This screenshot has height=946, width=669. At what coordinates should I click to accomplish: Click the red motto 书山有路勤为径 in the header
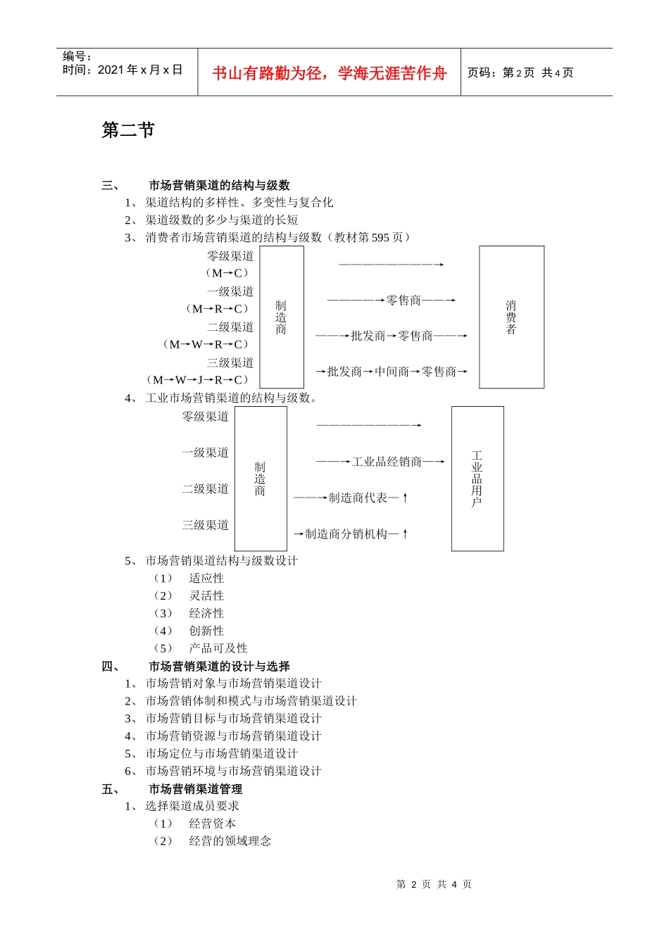click(330, 73)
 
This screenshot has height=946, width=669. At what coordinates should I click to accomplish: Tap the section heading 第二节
click(128, 130)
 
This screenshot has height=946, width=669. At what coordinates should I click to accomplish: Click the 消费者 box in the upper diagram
click(511, 317)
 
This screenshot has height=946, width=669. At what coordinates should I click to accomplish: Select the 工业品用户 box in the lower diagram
click(477, 479)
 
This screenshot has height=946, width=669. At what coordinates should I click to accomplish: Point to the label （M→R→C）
click(218, 309)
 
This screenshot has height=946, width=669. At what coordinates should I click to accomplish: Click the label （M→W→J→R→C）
click(199, 380)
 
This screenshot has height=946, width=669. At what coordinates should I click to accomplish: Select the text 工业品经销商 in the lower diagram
click(387, 462)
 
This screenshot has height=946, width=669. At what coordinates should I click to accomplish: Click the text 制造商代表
click(358, 498)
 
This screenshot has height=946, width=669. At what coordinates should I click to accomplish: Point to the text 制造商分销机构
click(346, 534)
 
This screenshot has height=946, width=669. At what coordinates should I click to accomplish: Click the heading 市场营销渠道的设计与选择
click(219, 666)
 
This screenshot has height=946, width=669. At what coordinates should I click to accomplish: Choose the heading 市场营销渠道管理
click(195, 789)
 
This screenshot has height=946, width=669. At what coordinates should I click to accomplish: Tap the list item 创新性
click(206, 631)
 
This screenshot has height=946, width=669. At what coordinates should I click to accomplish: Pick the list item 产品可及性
click(218, 648)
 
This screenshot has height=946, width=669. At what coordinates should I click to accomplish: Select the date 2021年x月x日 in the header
click(140, 70)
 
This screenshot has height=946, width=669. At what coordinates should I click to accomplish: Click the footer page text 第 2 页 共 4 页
click(434, 884)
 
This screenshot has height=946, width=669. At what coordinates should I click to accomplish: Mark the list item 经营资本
click(213, 824)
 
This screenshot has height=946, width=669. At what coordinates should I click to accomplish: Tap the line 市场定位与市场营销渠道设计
click(222, 754)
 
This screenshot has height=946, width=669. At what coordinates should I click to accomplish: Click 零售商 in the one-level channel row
click(404, 301)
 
